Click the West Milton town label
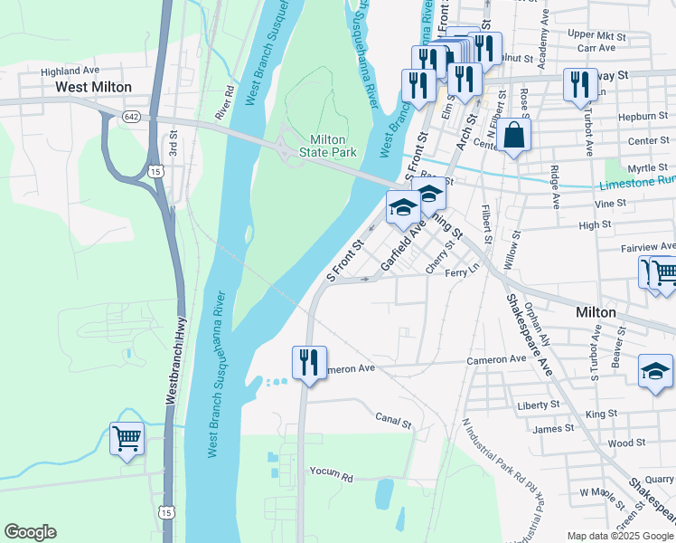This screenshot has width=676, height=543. [x=93, y=87]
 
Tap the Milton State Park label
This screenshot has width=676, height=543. [x=333, y=146]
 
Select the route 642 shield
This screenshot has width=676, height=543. [x=132, y=116]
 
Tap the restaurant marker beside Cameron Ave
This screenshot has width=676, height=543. [x=308, y=363]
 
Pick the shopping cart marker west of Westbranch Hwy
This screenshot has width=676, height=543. [x=127, y=439]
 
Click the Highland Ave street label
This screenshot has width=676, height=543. [x=70, y=70]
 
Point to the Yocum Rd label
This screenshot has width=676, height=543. [x=329, y=473]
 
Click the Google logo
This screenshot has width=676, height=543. [x=30, y=532]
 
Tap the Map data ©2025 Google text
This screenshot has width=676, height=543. [x=619, y=536]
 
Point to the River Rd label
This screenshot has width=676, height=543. [x=224, y=102]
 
